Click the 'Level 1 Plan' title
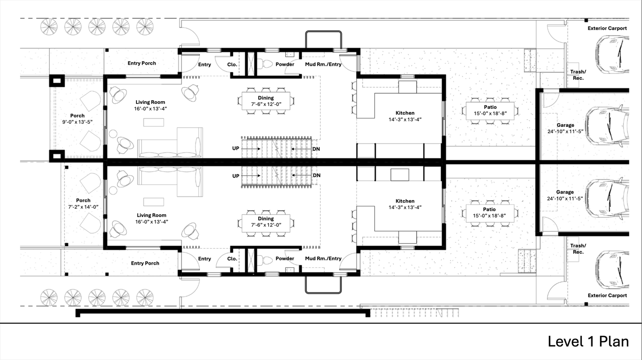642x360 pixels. point(588,341)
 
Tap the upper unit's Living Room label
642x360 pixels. point(150,102)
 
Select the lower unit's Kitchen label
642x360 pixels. point(405,201)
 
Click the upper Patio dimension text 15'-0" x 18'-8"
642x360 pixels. point(490,113)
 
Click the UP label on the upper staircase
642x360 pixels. point(236,148)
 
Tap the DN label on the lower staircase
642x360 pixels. point(316,175)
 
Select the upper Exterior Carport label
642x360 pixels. point(607,28)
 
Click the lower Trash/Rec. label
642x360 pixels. point(578,249)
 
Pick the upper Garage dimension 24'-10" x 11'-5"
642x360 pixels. point(565,131)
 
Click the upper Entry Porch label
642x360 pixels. point(142,63)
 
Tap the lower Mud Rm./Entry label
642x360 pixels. point(324,259)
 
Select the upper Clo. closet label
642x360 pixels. point(232,65)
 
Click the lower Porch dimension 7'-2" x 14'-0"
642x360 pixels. point(83,207)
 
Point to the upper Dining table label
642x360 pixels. point(266,98)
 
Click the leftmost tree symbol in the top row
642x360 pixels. point(49,27)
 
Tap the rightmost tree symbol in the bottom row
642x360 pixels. point(145,297)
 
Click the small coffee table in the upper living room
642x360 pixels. point(153,122)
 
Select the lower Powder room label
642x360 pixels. point(285,259)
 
